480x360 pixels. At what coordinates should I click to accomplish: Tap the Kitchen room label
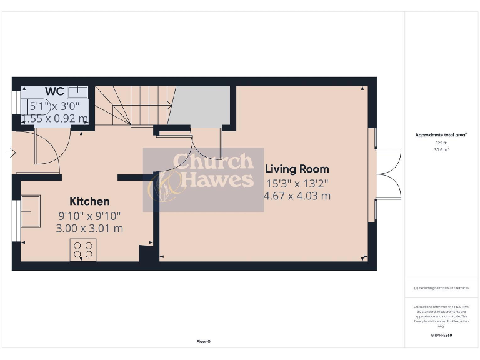click(x=89, y=201)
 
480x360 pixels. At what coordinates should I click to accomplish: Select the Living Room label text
click(x=297, y=169)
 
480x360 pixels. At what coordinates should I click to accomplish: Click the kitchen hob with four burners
click(x=83, y=249)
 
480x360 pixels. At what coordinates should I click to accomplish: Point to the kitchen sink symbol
click(x=31, y=212)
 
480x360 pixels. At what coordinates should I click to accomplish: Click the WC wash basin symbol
click(x=77, y=92)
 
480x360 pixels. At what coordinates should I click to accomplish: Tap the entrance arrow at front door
click(x=11, y=152)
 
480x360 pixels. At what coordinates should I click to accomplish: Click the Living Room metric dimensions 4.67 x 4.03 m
click(x=297, y=196)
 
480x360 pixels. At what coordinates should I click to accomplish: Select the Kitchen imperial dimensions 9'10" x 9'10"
click(x=89, y=216)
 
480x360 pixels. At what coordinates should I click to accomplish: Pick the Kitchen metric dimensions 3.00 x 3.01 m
click(x=89, y=229)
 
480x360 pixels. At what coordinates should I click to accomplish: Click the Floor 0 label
click(x=204, y=342)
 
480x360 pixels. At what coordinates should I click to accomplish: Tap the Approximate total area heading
click(x=442, y=135)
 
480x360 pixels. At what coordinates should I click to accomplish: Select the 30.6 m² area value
click(x=442, y=149)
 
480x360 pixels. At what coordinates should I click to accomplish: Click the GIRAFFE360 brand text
click(x=442, y=336)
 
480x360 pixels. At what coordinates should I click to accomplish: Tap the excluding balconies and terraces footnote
click(x=442, y=288)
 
